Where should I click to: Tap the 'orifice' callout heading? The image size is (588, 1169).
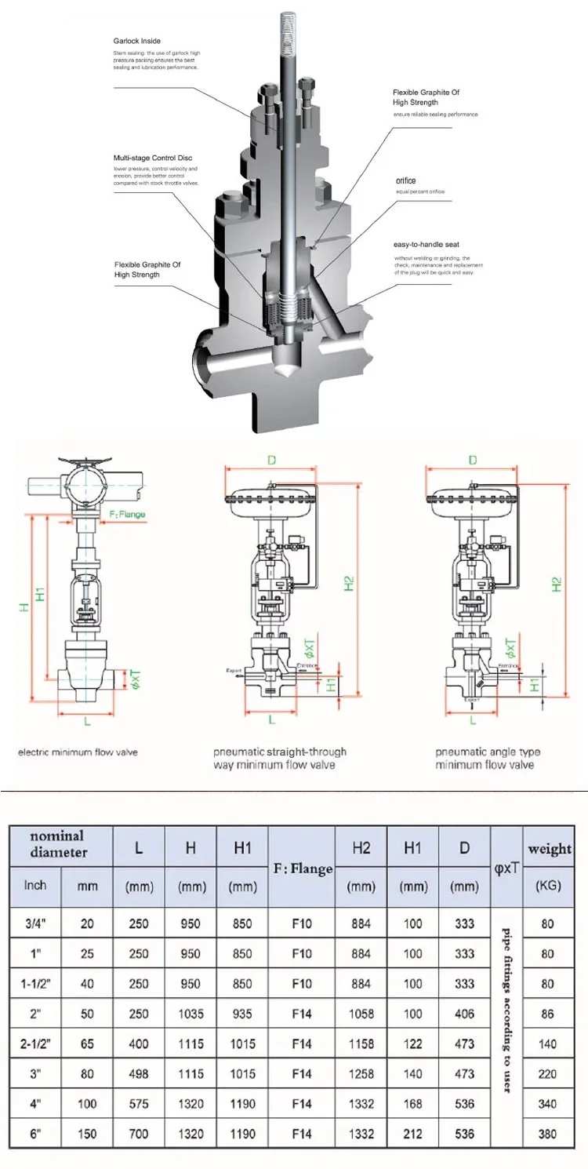(405, 180)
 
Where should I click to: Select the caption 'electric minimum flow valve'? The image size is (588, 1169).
(78, 752)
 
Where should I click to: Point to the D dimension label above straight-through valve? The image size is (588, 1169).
(271, 460)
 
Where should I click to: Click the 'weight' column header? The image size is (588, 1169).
(550, 849)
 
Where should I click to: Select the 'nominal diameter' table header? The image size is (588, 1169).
(58, 843)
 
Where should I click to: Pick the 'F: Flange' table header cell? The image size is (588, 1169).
(302, 869)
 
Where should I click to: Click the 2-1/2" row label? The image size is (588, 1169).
(35, 1043)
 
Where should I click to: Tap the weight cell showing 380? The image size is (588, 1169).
(547, 1134)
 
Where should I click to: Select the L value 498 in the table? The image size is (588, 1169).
(138, 1073)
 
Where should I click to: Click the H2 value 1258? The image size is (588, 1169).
(361, 1073)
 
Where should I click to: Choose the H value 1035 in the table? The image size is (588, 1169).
(191, 1014)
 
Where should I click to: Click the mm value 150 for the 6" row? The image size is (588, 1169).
(86, 1134)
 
